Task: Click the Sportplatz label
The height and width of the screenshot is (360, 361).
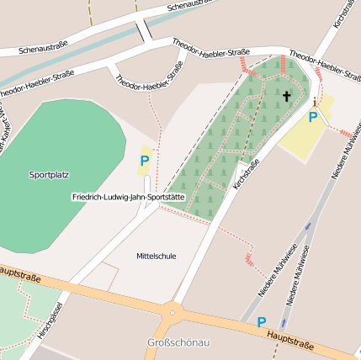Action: (x=49, y=175)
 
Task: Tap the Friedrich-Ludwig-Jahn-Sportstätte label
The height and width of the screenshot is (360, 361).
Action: (x=127, y=197)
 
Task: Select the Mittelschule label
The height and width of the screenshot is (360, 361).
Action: (x=157, y=256)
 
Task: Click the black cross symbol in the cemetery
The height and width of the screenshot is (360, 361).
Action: (x=286, y=96)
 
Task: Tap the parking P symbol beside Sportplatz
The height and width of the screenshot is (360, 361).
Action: (x=145, y=160)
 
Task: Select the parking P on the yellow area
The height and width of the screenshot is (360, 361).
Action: (x=313, y=117)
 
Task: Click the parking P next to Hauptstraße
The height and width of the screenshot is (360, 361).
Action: (x=261, y=321)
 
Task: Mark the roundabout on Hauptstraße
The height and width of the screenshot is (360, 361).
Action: (x=173, y=312)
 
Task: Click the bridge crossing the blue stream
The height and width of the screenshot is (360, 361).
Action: (x=142, y=30)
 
